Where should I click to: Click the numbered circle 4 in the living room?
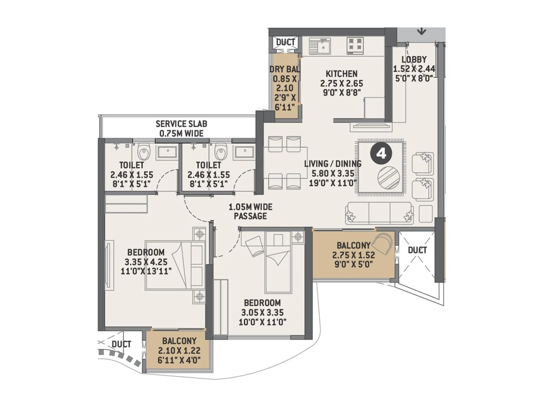click(x=381, y=154)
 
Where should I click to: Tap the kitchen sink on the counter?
click(x=320, y=46)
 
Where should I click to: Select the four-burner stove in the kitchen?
click(x=355, y=46)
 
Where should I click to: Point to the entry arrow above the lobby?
click(x=421, y=32)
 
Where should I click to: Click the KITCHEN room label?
click(x=341, y=74)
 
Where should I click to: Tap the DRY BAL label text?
click(x=284, y=69)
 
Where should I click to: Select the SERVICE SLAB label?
click(x=181, y=124)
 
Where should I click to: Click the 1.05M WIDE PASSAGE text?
click(x=250, y=211)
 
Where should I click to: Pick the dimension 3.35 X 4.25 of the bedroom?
click(x=146, y=262)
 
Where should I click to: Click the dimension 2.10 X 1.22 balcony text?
click(x=179, y=350)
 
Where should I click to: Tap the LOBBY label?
click(x=414, y=59)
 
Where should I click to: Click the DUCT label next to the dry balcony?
click(x=285, y=42)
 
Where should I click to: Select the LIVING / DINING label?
click(x=333, y=164)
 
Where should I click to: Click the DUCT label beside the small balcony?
click(x=121, y=344)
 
